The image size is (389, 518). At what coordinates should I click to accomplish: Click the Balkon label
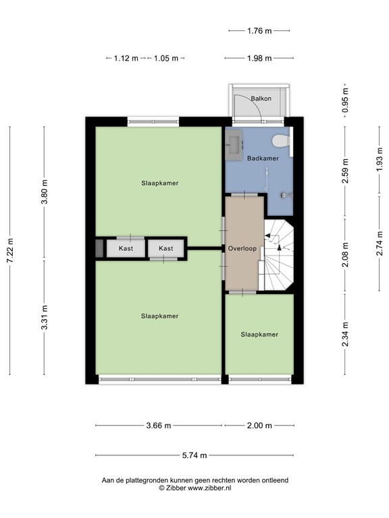(x=261, y=98)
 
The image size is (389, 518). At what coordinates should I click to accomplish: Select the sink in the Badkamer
(x=235, y=144)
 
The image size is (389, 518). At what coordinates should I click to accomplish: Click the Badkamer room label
(x=263, y=159)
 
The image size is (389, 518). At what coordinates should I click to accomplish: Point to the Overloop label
(x=242, y=248)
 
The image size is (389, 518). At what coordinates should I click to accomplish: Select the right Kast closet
(x=166, y=248)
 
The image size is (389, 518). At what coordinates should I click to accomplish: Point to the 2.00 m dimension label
(x=259, y=426)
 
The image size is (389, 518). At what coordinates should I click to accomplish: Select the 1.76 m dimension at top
(x=259, y=30)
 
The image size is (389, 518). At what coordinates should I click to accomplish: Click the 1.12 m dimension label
(x=126, y=58)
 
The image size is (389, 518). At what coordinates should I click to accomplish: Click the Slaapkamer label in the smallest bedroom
(x=259, y=334)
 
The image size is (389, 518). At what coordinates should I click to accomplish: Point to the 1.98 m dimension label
(x=259, y=58)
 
